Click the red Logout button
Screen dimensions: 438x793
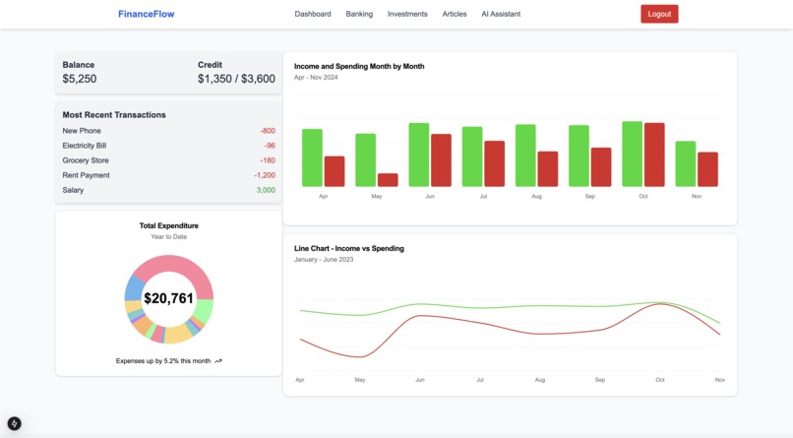tap(659, 14)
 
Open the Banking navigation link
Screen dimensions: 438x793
tap(359, 14)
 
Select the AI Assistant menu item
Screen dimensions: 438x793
tap(501, 14)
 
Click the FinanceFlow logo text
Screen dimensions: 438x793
tap(146, 14)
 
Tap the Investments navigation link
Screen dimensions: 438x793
tap(407, 14)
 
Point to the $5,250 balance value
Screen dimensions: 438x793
tap(80, 79)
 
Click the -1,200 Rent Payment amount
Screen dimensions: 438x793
tap(264, 175)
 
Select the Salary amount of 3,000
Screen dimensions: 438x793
tap(266, 190)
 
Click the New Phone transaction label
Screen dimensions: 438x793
tap(82, 131)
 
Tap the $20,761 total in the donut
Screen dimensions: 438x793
tap(168, 298)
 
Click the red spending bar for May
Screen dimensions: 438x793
tap(388, 180)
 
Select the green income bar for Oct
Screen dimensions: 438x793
tap(632, 154)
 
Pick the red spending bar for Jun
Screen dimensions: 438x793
tap(441, 160)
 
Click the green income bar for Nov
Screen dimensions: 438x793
tap(685, 163)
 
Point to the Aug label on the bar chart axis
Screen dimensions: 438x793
tap(536, 197)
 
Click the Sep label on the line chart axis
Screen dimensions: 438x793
tap(599, 380)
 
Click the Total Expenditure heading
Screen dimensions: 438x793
tap(168, 225)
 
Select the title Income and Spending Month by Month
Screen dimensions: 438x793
tap(359, 66)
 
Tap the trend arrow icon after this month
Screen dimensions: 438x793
tap(218, 361)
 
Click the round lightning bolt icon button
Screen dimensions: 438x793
tap(15, 424)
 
